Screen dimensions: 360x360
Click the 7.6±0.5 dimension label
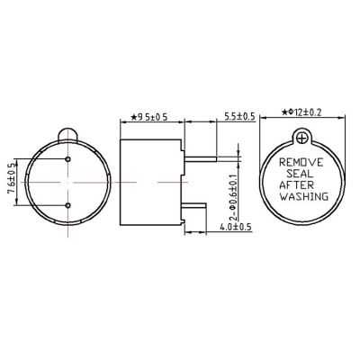[12, 182]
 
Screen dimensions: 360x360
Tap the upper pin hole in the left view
[68, 160]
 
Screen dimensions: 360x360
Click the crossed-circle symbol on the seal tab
[301, 138]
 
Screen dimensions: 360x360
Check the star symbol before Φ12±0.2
[282, 112]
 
